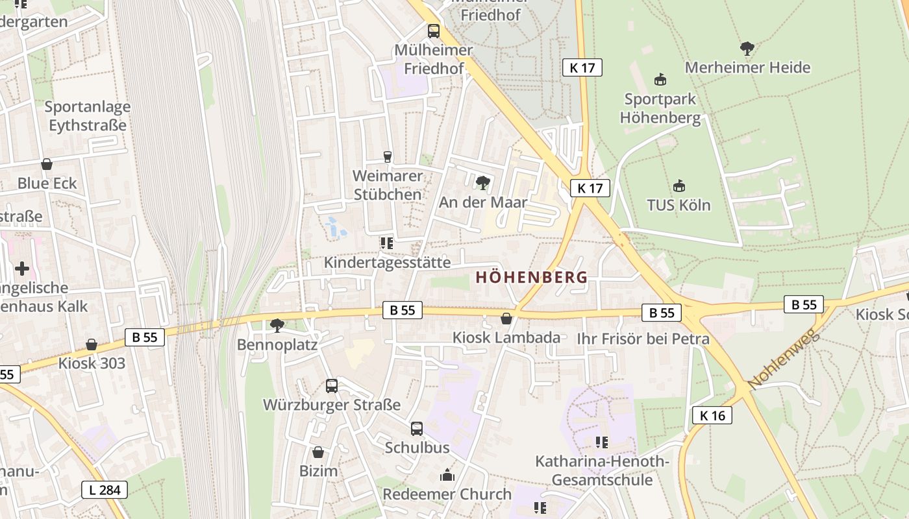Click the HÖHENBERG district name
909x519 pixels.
coord(531,278)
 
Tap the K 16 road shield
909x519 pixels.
coord(712,415)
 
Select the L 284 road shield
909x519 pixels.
coord(104,490)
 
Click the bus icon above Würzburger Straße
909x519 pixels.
coord(332,386)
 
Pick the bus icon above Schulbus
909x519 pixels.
coord(417,429)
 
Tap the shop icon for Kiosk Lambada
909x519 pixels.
coord(506,319)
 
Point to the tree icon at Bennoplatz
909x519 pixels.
coord(277,325)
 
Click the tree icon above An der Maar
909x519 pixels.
coord(482,183)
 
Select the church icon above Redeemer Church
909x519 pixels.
coord(447,476)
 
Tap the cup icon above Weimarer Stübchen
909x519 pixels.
coord(388,156)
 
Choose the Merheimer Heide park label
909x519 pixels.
coord(747,67)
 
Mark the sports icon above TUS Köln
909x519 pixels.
coord(679,186)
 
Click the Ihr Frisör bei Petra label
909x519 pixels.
coord(643,339)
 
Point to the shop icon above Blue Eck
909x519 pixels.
coord(47,164)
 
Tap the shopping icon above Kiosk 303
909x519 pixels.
coord(92,344)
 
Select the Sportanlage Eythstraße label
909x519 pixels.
coord(88,115)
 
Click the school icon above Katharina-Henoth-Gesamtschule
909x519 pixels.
coord(602,442)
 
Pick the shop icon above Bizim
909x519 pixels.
coord(318,452)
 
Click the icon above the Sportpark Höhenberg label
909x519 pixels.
coord(660,80)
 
